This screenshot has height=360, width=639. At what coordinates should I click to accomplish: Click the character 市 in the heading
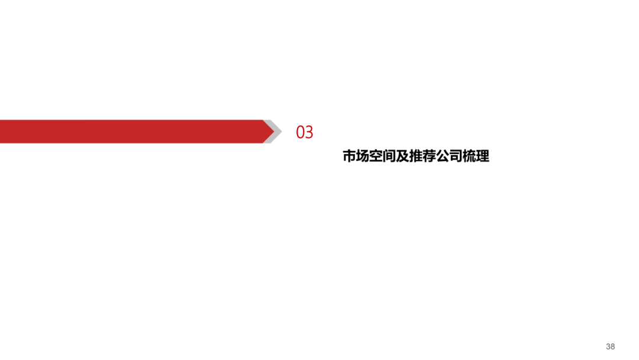tap(349, 157)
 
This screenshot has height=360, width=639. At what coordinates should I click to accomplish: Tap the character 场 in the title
tap(363, 157)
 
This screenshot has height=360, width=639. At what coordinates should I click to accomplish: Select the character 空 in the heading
tap(376, 157)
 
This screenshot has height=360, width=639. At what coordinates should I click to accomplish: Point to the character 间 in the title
tap(389, 157)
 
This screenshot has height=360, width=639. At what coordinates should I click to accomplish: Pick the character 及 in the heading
tap(402, 157)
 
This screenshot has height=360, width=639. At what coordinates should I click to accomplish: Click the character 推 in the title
tap(416, 157)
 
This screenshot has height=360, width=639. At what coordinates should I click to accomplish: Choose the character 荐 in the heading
tap(429, 157)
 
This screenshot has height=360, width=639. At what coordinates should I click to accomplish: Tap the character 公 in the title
tap(443, 157)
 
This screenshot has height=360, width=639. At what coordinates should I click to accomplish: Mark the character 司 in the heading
tap(456, 157)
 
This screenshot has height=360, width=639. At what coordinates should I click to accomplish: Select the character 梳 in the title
tap(469, 157)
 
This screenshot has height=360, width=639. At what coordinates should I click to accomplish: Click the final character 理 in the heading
tap(483, 157)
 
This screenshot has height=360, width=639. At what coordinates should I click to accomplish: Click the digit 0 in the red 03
tap(300, 133)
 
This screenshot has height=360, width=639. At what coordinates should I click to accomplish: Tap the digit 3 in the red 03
tap(309, 133)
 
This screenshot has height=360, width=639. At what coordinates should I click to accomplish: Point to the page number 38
tap(611, 346)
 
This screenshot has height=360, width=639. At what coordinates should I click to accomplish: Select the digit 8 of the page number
tap(613, 346)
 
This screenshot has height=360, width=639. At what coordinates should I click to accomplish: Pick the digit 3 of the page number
tap(608, 346)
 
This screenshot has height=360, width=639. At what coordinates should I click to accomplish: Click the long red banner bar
tap(130, 131)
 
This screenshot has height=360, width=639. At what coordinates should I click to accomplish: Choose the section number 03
tap(304, 133)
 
